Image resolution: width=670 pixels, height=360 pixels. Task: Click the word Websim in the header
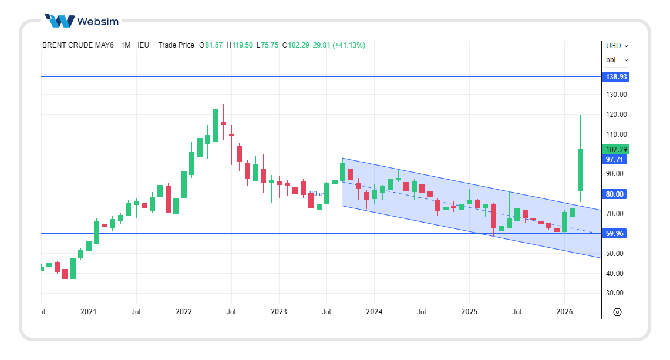point(98,22)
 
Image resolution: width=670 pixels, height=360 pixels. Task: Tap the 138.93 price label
point(616,77)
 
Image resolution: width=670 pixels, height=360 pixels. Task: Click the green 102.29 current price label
point(616,150)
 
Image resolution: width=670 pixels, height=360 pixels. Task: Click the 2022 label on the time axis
point(184,312)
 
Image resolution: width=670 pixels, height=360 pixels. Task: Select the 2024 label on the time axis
point(374,312)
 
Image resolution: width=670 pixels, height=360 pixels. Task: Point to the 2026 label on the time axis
point(564,312)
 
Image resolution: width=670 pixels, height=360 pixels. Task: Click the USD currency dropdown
point(617,45)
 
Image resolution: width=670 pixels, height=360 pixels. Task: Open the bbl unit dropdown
point(617,60)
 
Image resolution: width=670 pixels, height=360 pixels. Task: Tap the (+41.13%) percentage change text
point(349,45)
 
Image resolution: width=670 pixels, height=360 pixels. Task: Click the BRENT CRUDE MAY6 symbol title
point(79,45)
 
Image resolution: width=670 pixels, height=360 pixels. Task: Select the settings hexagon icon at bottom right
point(617,312)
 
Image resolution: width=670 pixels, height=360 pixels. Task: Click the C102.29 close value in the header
point(295,45)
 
